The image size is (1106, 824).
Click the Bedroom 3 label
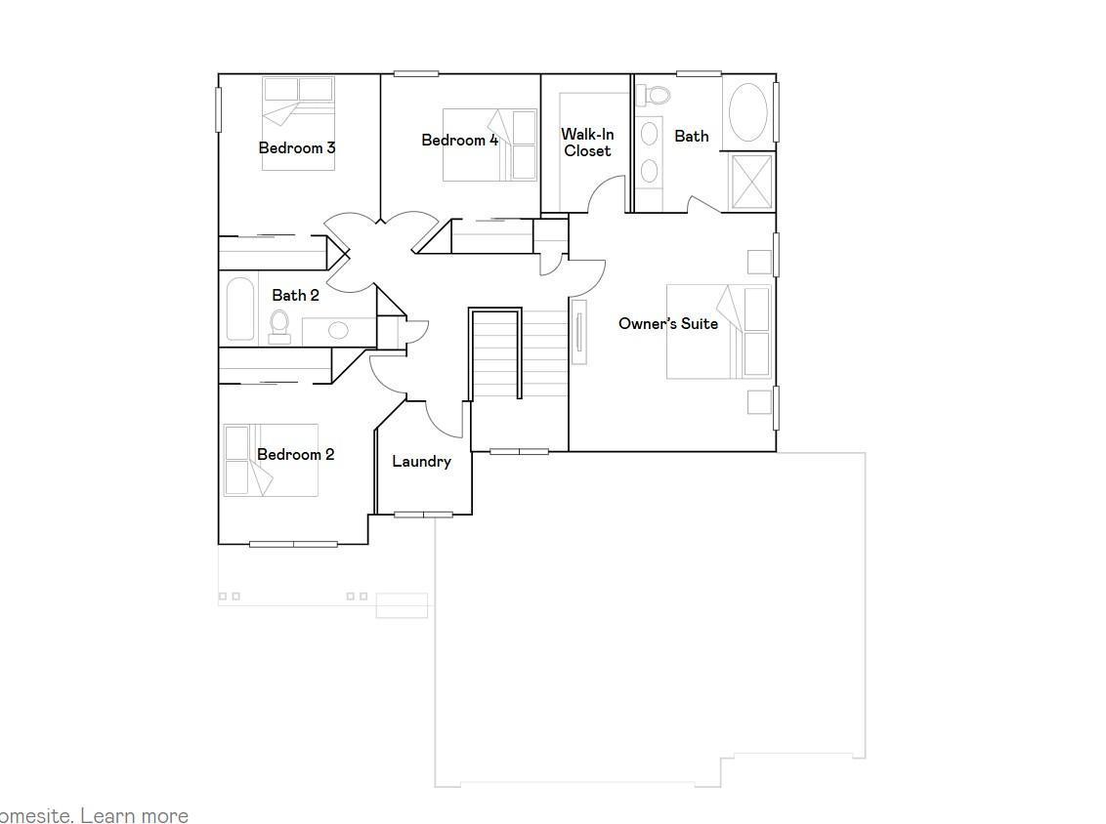pyautogui.click(x=297, y=148)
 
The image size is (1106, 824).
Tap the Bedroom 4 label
pyautogui.click(x=459, y=141)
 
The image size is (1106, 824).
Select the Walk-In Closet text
pyautogui.click(x=587, y=143)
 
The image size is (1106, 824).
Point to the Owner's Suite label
pyautogui.click(x=668, y=324)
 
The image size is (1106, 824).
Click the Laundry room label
pyautogui.click(x=421, y=462)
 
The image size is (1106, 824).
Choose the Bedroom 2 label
pyautogui.click(x=295, y=455)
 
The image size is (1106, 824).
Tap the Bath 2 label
pyautogui.click(x=295, y=295)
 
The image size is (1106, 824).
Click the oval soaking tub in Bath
pyautogui.click(x=749, y=112)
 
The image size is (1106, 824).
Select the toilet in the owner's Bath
pyautogui.click(x=656, y=95)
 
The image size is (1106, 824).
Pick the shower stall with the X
pyautogui.click(x=751, y=181)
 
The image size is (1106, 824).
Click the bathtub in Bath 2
pyautogui.click(x=240, y=309)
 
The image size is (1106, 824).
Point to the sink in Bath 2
pyautogui.click(x=337, y=330)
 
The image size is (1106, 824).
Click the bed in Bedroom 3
pyautogui.click(x=298, y=122)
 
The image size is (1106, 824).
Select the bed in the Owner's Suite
pyautogui.click(x=719, y=332)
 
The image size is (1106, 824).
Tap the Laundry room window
pyautogui.click(x=423, y=515)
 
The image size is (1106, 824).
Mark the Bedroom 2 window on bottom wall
pyautogui.click(x=293, y=544)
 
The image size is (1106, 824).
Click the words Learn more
pyautogui.click(x=136, y=815)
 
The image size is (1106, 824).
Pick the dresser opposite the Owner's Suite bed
pyautogui.click(x=579, y=332)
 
